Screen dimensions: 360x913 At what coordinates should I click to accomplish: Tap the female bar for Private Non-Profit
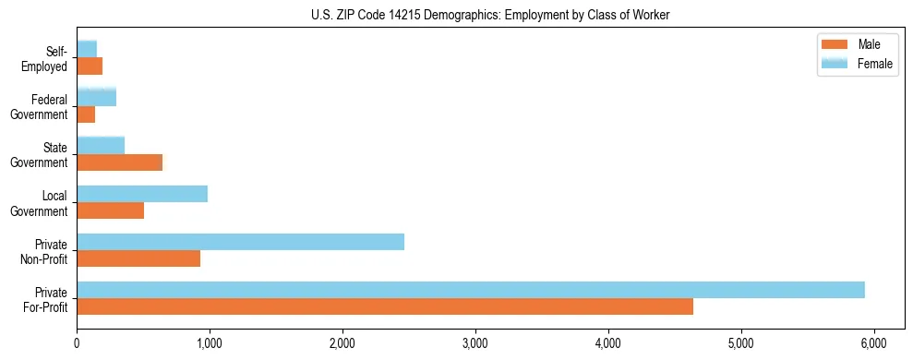(240, 242)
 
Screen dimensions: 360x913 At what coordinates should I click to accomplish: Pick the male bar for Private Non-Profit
(138, 259)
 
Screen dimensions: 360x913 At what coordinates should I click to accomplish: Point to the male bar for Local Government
(110, 210)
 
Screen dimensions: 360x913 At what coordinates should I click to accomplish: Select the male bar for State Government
(119, 162)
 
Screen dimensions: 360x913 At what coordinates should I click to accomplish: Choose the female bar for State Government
(101, 145)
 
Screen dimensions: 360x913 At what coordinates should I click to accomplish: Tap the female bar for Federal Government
(96, 97)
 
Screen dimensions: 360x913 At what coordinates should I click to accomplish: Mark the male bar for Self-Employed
(90, 66)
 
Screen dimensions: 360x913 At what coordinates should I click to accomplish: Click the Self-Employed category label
(46, 59)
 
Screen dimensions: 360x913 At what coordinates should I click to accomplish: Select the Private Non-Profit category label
(44, 251)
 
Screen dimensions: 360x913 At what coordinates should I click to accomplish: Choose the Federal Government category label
(40, 107)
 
